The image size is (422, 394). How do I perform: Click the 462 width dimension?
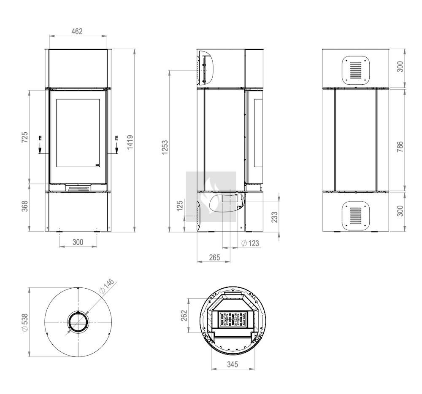(77, 32)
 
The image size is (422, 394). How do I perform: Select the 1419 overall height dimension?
(130, 142)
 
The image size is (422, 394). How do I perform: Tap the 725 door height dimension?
(24, 137)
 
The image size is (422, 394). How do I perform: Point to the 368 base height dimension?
(24, 206)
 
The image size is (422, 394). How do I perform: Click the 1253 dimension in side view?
(165, 147)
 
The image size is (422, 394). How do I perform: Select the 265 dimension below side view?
(214, 257)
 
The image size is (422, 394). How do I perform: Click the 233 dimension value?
(274, 217)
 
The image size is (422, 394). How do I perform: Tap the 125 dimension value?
(180, 206)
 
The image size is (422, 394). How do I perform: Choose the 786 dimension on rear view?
(400, 147)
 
